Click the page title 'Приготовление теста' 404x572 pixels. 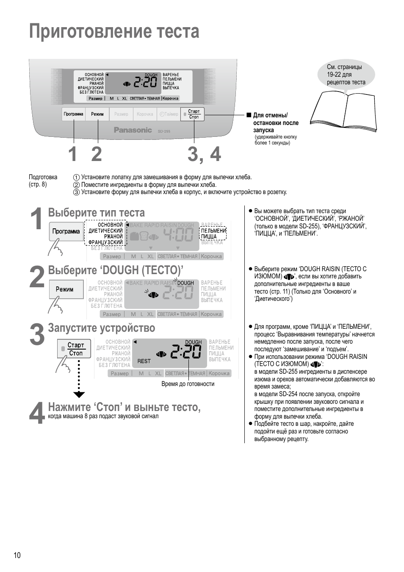(114, 32)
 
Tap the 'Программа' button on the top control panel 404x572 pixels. (74, 114)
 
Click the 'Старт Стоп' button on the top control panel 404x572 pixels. (193, 114)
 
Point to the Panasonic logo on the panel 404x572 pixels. (133, 130)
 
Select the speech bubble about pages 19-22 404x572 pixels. (346, 75)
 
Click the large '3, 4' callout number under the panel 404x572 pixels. (204, 154)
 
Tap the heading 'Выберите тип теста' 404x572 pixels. (96, 213)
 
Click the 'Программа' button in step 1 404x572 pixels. (66, 231)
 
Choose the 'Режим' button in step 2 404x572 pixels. (65, 289)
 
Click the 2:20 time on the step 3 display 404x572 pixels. (186, 352)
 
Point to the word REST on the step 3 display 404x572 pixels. (144, 361)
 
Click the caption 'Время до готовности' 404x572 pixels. (188, 384)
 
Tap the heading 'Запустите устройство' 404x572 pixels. (101, 328)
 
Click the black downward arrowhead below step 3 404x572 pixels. (79, 395)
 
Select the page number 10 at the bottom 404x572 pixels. (17, 555)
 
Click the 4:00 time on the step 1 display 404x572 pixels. (178, 235)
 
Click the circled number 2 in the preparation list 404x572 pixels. (76, 185)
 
